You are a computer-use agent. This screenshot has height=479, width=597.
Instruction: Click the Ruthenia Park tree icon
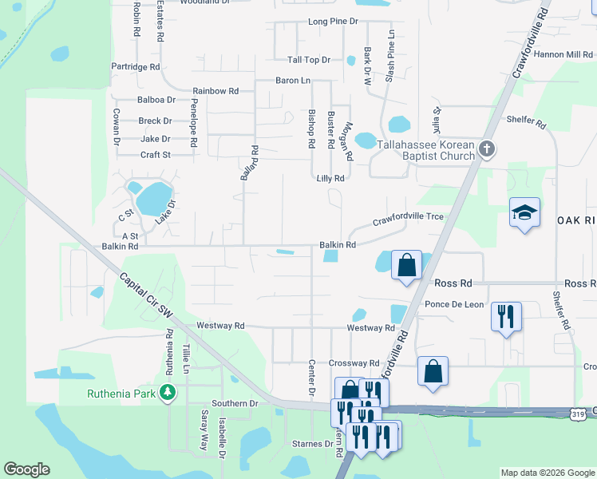click(168, 393)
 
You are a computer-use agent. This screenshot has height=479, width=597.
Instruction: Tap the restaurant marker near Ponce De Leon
click(506, 316)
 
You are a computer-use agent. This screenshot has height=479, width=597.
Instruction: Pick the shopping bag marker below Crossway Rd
click(432, 371)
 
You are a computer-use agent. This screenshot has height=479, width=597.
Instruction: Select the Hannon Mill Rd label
click(563, 54)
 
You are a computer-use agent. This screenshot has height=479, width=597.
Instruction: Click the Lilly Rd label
click(330, 179)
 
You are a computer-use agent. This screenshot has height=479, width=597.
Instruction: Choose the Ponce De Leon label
click(454, 304)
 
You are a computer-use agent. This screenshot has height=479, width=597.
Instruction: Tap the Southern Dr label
click(235, 403)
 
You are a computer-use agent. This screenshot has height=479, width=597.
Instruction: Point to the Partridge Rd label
click(136, 67)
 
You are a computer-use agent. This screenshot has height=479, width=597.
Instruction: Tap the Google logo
click(26, 469)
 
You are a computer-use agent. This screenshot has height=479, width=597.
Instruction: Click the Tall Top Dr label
click(309, 60)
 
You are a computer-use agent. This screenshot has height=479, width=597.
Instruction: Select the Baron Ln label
click(293, 81)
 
